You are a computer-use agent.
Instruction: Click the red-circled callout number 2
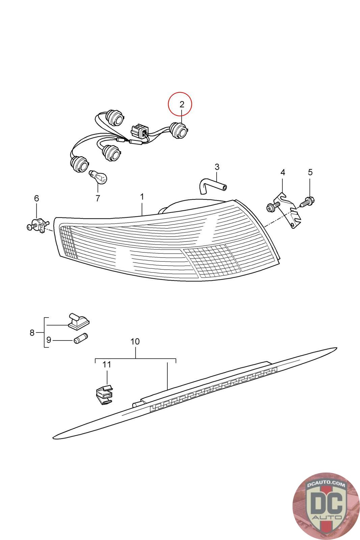tap(182, 104)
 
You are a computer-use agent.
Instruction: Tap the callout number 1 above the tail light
tap(142, 196)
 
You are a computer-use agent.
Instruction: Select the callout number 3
tap(217, 167)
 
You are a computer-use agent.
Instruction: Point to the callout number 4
tap(283, 172)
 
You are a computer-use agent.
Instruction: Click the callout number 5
tap(310, 172)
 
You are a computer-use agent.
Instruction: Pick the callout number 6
tap(36, 198)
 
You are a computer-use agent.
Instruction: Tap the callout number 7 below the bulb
tap(98, 198)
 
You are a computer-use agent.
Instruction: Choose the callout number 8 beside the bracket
tap(32, 333)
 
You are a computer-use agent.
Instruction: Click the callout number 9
tap(49, 340)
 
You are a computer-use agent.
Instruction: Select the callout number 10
tap(135, 342)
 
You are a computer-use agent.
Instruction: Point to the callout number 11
tap(107, 364)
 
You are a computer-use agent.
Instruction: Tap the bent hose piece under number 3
tap(213, 186)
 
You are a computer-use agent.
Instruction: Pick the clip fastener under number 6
tap(38, 225)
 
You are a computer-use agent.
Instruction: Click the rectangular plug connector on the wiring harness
tap(139, 130)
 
